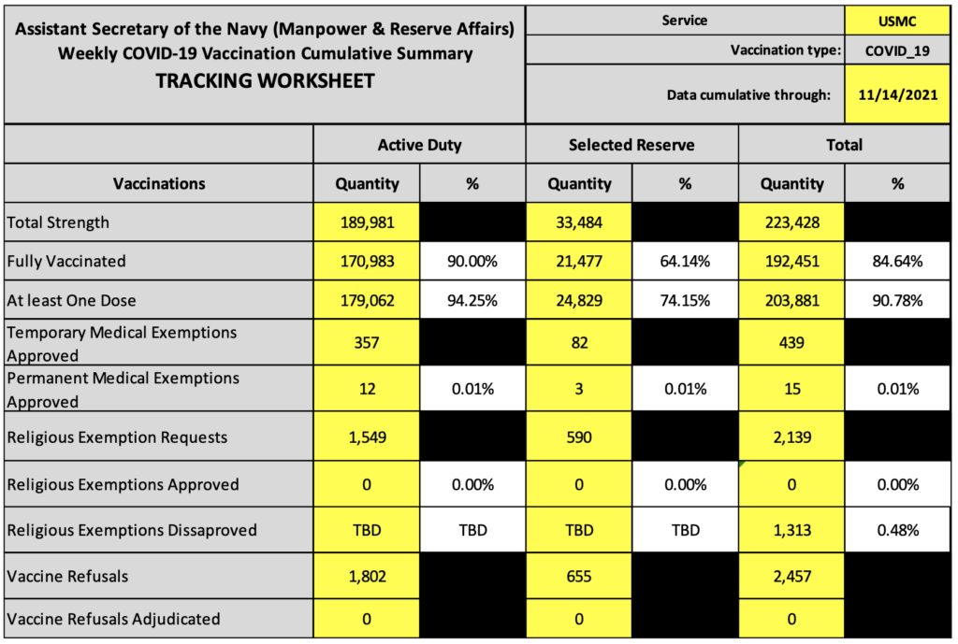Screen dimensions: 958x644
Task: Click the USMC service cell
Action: (897, 21)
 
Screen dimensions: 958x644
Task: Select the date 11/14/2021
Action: (897, 94)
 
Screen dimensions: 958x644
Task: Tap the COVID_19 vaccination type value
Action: (897, 50)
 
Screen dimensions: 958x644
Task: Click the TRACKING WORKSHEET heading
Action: (265, 80)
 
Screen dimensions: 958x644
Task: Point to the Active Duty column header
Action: (419, 145)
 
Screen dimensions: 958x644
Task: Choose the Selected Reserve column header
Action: (631, 145)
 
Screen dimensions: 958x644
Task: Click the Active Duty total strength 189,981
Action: (367, 222)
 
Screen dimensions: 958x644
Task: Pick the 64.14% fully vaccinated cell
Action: (685, 262)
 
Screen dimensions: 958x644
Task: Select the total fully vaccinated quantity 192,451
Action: (791, 262)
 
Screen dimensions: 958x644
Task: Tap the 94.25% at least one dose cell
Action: (472, 300)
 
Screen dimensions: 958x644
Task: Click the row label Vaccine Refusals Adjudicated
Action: (113, 619)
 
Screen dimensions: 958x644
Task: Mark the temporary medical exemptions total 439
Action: (791, 342)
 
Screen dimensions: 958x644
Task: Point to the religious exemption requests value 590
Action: (579, 437)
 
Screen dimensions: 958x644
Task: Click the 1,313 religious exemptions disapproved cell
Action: (791, 530)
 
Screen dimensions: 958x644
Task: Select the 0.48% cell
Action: (897, 530)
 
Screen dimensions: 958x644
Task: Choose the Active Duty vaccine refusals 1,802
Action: (367, 577)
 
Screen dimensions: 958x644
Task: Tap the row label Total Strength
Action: (58, 222)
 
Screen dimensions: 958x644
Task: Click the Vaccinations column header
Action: (159, 184)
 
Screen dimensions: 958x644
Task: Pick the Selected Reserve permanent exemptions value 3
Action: (579, 389)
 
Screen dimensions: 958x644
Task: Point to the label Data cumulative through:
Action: (748, 94)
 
